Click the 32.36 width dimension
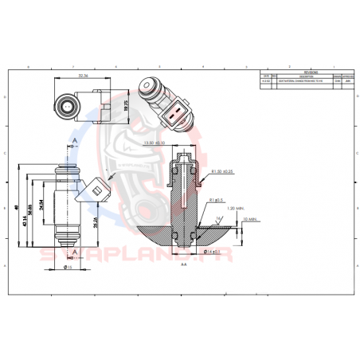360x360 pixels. [x=83, y=76]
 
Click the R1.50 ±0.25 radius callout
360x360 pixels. [x=223, y=171]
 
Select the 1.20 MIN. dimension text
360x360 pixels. [x=234, y=208]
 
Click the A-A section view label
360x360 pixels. [x=183, y=264]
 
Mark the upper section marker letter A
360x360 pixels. [x=74, y=140]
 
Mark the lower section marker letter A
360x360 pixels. [x=74, y=251]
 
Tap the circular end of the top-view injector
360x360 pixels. [x=64, y=104]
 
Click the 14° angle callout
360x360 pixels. [x=216, y=217]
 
